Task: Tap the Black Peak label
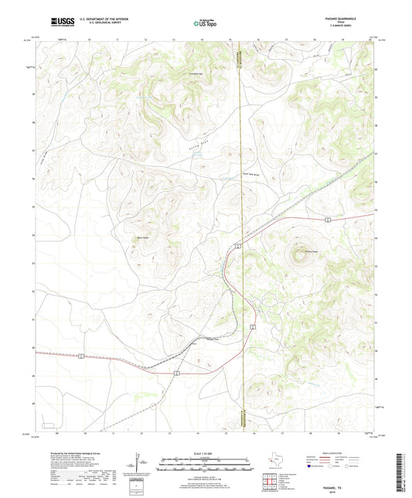tap(141, 237)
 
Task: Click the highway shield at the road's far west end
tap(80, 355)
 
